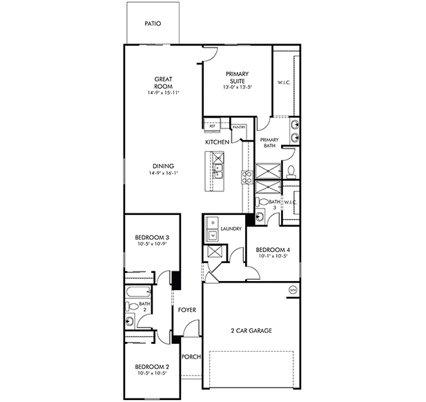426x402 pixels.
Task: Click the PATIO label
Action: tap(153, 23)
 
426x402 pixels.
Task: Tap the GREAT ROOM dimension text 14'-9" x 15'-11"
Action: tap(163, 93)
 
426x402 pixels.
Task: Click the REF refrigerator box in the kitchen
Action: tap(212, 126)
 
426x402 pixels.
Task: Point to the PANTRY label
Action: tap(239, 127)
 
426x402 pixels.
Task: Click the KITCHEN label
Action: tap(217, 142)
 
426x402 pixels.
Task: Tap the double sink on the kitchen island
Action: tap(218, 171)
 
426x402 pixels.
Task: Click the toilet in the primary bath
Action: tap(291, 171)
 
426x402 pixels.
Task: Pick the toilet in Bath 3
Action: tap(263, 202)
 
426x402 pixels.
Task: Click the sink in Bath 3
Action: tap(260, 216)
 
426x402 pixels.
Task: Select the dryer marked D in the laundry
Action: tap(213, 223)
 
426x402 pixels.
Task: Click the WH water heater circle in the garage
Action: tap(293, 289)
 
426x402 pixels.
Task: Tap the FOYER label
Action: tap(187, 310)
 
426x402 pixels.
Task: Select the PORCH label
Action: tap(190, 357)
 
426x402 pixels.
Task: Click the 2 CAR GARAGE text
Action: tap(251, 331)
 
